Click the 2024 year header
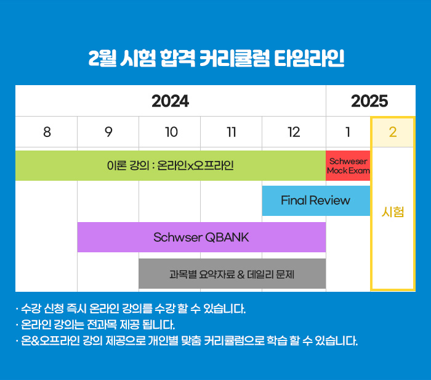pos(170,101)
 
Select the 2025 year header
pos(369,101)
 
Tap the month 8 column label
pos(47,132)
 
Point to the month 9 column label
pos(108,132)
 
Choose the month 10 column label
pos(171,132)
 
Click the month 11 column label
pos(232,132)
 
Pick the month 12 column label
pos(294,132)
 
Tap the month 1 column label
pos(348,132)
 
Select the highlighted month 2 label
pos(393,132)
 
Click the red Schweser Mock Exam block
pos(348,165)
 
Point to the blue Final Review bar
pos(316,200)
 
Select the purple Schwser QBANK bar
pos(201,237)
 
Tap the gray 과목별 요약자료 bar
pos(232,273)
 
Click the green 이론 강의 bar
pos(171,165)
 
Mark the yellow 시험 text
pos(393,212)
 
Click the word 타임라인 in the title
pos(309,58)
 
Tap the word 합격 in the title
pos(177,58)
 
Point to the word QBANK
pos(227,238)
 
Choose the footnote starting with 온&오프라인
pos(187,341)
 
